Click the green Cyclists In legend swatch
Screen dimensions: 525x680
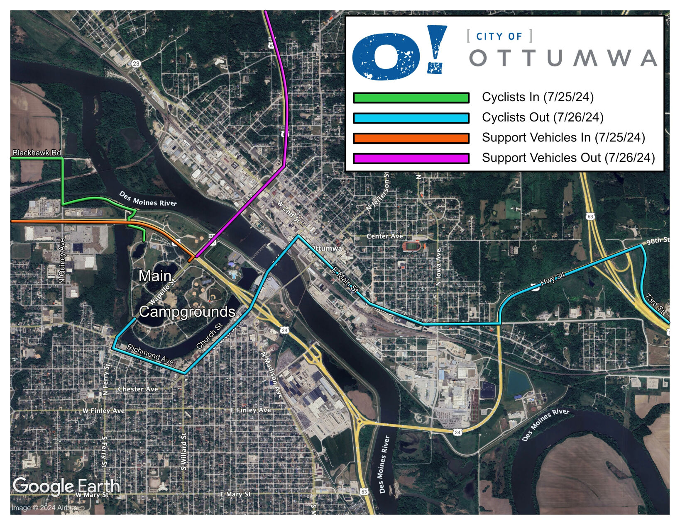pos(411,98)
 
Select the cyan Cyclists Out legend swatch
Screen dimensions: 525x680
pos(411,118)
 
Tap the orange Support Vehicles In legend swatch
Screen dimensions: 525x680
pos(411,138)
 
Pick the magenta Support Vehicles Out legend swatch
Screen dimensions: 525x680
pos(411,158)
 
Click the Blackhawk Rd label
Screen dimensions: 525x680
pos(37,153)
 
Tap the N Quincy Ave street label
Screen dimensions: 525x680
pos(62,260)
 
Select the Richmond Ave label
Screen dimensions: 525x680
pos(150,354)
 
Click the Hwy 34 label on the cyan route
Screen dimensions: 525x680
pos(553,279)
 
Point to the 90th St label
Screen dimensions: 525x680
pos(658,241)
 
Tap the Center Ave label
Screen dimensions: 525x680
pos(384,236)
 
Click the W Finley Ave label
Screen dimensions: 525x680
pos(103,411)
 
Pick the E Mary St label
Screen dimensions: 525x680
pos(235,494)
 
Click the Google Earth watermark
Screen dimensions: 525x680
pos(66,486)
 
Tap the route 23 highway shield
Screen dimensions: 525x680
pos(136,63)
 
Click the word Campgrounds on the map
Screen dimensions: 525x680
pos(187,312)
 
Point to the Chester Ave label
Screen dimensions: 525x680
pos(138,389)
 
